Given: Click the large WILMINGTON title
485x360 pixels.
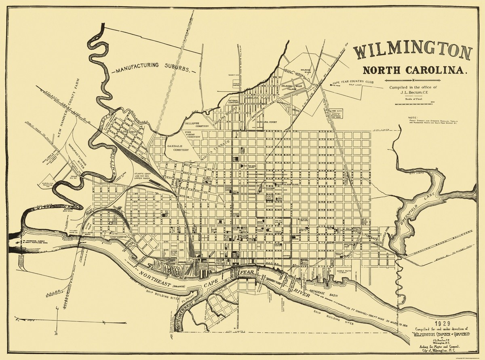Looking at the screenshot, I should [x=413, y=52].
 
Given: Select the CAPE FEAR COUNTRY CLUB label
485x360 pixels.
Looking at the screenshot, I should [x=352, y=83].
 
